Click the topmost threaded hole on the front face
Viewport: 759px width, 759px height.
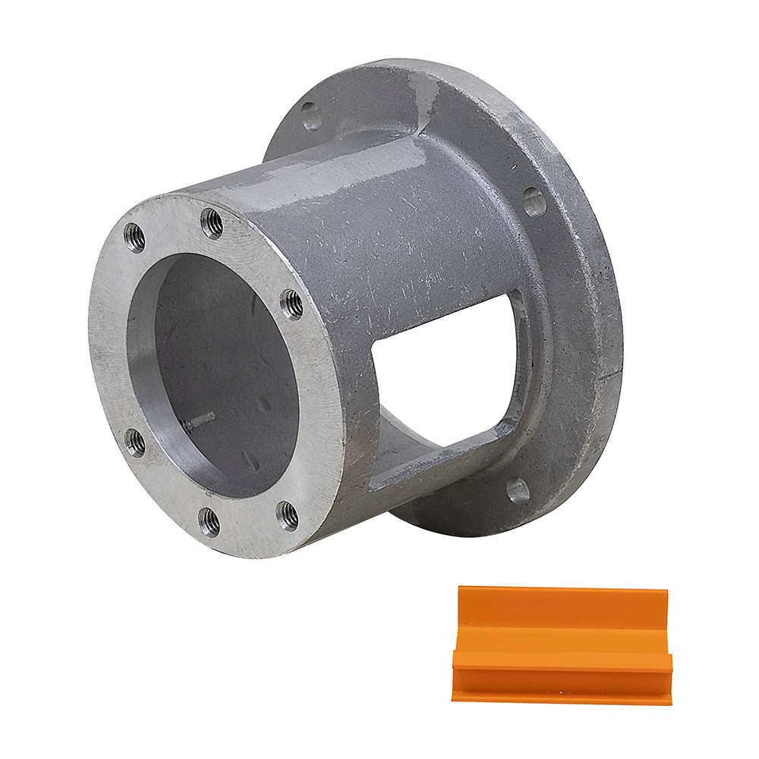(x=212, y=223)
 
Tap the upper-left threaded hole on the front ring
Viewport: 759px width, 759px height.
(x=135, y=238)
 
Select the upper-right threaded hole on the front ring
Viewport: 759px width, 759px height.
(x=291, y=304)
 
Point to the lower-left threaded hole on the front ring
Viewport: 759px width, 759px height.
(x=135, y=442)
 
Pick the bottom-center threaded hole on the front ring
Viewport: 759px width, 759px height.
(x=209, y=521)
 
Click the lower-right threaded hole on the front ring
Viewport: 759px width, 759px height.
(x=288, y=515)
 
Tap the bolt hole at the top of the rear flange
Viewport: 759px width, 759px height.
(x=311, y=115)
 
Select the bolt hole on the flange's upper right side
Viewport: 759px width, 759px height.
(x=534, y=202)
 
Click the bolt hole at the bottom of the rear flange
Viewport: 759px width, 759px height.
(x=518, y=490)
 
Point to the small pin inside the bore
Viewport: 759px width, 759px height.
(x=199, y=422)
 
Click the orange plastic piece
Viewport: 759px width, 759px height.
(x=562, y=645)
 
